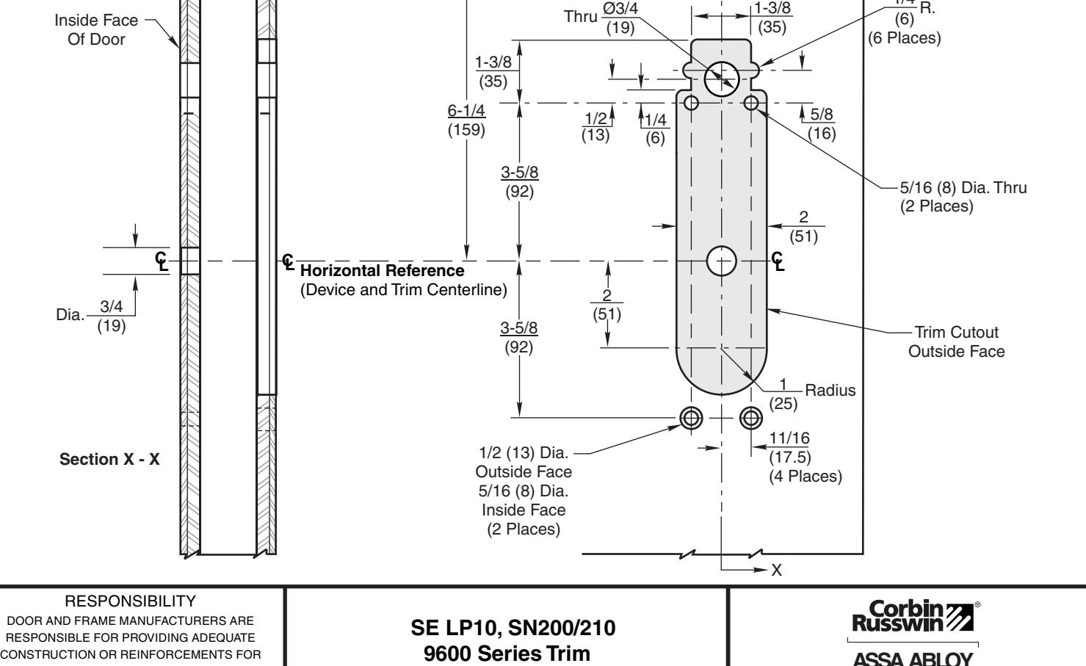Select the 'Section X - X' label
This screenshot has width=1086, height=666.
click(110, 460)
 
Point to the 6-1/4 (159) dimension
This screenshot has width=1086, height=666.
click(466, 120)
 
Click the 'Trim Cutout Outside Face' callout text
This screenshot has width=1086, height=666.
click(956, 342)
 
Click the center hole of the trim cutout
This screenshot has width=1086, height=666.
click(722, 261)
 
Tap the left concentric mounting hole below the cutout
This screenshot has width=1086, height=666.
click(691, 418)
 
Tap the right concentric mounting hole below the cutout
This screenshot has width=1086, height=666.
click(751, 418)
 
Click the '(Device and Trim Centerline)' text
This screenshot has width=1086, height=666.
click(404, 290)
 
